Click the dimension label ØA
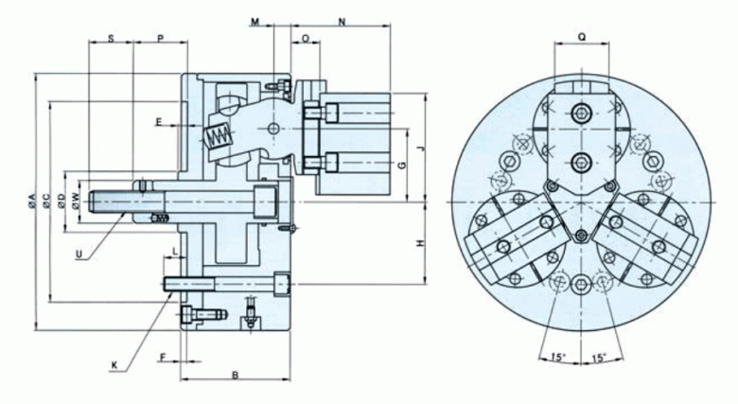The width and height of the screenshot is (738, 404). point(31,201)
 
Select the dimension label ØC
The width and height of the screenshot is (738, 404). point(46,201)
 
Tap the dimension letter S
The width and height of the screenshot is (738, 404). point(111,39)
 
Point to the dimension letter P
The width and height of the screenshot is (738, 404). point(161,39)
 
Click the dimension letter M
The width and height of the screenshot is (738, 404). point(255,22)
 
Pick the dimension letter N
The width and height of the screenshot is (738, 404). point(343,22)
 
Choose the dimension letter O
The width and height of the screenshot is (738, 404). point(306,39)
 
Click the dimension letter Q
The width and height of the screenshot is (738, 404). point(582,38)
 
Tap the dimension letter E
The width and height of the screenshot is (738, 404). point(159,122)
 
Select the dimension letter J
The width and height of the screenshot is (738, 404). point(421,149)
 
